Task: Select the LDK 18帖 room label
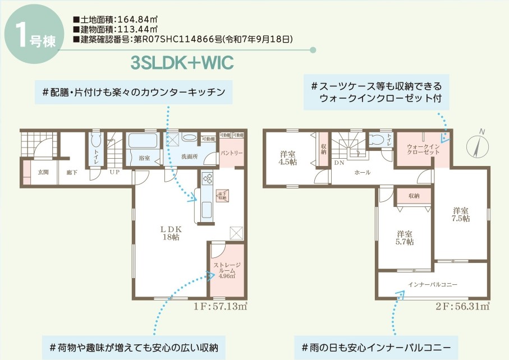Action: pyautogui.click(x=169, y=233)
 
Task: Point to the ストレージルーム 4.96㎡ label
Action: pyautogui.click(x=227, y=270)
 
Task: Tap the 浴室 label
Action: pyautogui.click(x=144, y=158)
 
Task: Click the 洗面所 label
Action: pyautogui.click(x=189, y=157)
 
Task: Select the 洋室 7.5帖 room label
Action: pyautogui.click(x=461, y=215)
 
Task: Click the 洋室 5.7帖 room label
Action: pyautogui.click(x=405, y=238)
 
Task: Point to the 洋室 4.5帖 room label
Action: pyautogui.click(x=288, y=158)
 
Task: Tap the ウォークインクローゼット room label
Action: pyautogui.click(x=415, y=149)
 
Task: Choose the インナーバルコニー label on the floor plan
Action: pyautogui.click(x=433, y=285)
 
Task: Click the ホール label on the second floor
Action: pyautogui.click(x=362, y=173)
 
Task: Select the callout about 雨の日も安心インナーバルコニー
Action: pyautogui.click(x=376, y=347)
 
